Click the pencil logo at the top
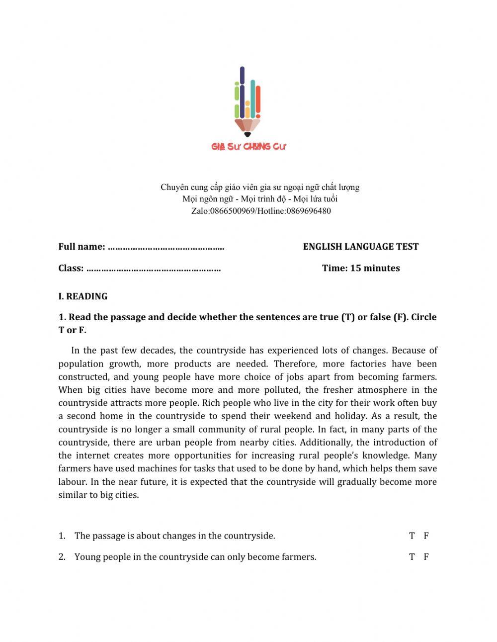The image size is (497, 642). [248, 102]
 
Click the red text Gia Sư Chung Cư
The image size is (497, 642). [248, 146]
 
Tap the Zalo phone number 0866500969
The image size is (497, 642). [232, 211]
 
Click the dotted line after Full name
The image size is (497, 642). [166, 247]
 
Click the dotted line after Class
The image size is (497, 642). [154, 269]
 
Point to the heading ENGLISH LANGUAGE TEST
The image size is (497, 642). [361, 247]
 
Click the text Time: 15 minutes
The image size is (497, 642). [361, 269]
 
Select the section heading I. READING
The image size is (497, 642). [83, 296]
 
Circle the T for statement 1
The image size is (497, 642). [412, 536]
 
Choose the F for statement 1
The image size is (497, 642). [426, 536]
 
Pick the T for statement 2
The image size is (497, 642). [412, 557]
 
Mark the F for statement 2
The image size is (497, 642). [426, 557]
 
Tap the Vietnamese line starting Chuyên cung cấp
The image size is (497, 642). [259, 187]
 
